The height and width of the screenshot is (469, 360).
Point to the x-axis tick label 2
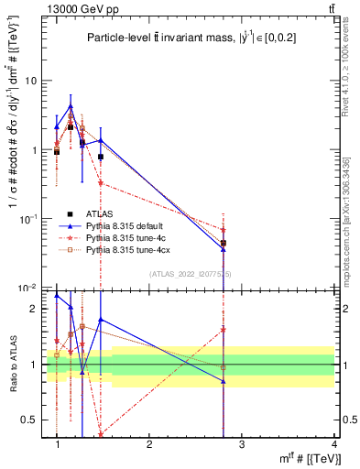point(149,444)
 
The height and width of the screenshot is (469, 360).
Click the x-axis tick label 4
point(333,444)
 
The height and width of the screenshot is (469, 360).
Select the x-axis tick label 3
point(242,444)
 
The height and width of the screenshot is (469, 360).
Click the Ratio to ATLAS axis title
point(12,365)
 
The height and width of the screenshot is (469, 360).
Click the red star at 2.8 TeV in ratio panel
point(224,329)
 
